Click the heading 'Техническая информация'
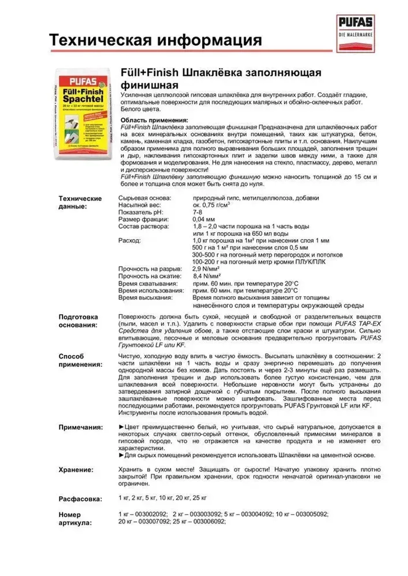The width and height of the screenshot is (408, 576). (x=155, y=40)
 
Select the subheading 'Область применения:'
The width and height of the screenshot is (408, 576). (x=154, y=120)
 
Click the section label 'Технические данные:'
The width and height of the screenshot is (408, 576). (x=80, y=202)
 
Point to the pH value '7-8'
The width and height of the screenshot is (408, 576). (x=197, y=212)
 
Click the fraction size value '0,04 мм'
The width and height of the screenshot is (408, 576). (x=204, y=219)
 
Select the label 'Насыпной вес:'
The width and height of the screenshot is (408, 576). (x=140, y=205)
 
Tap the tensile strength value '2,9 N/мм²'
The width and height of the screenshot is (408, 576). (x=206, y=269)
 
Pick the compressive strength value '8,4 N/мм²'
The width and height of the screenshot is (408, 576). (x=206, y=276)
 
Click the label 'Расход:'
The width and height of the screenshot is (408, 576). (x=129, y=241)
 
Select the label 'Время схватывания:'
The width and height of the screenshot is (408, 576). (x=148, y=284)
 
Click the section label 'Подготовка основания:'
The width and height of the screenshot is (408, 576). (x=78, y=321)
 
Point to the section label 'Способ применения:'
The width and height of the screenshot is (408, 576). (x=80, y=361)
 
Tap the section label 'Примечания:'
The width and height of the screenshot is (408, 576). (x=81, y=427)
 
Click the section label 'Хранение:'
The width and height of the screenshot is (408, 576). (x=76, y=470)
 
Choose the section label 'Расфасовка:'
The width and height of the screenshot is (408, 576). (x=80, y=499)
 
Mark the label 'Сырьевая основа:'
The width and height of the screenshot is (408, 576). (x=144, y=198)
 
